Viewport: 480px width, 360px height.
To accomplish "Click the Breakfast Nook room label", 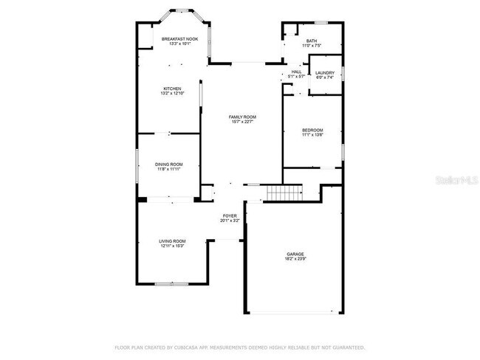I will pyautogui.click(x=180, y=39).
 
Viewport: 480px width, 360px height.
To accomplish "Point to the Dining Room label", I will pyautogui.click(x=168, y=164).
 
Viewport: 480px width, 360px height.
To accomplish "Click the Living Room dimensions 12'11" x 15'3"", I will pyautogui.click(x=172, y=246).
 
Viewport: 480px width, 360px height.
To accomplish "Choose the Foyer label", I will pyautogui.click(x=230, y=216).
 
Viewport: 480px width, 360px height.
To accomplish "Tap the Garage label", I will pyautogui.click(x=295, y=255).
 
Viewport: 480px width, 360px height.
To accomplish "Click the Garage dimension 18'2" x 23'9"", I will pyautogui.click(x=295, y=260).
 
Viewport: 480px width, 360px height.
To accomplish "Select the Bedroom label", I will pyautogui.click(x=313, y=131).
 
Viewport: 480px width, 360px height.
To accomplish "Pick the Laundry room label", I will pyautogui.click(x=325, y=72).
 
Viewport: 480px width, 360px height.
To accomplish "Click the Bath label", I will pyautogui.click(x=312, y=41).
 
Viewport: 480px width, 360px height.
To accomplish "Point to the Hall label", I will pyautogui.click(x=296, y=72).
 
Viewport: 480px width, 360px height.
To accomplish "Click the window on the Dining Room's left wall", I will pyautogui.click(x=135, y=165).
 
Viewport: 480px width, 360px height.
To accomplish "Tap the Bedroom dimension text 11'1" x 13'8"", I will pyautogui.click(x=313, y=136).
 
